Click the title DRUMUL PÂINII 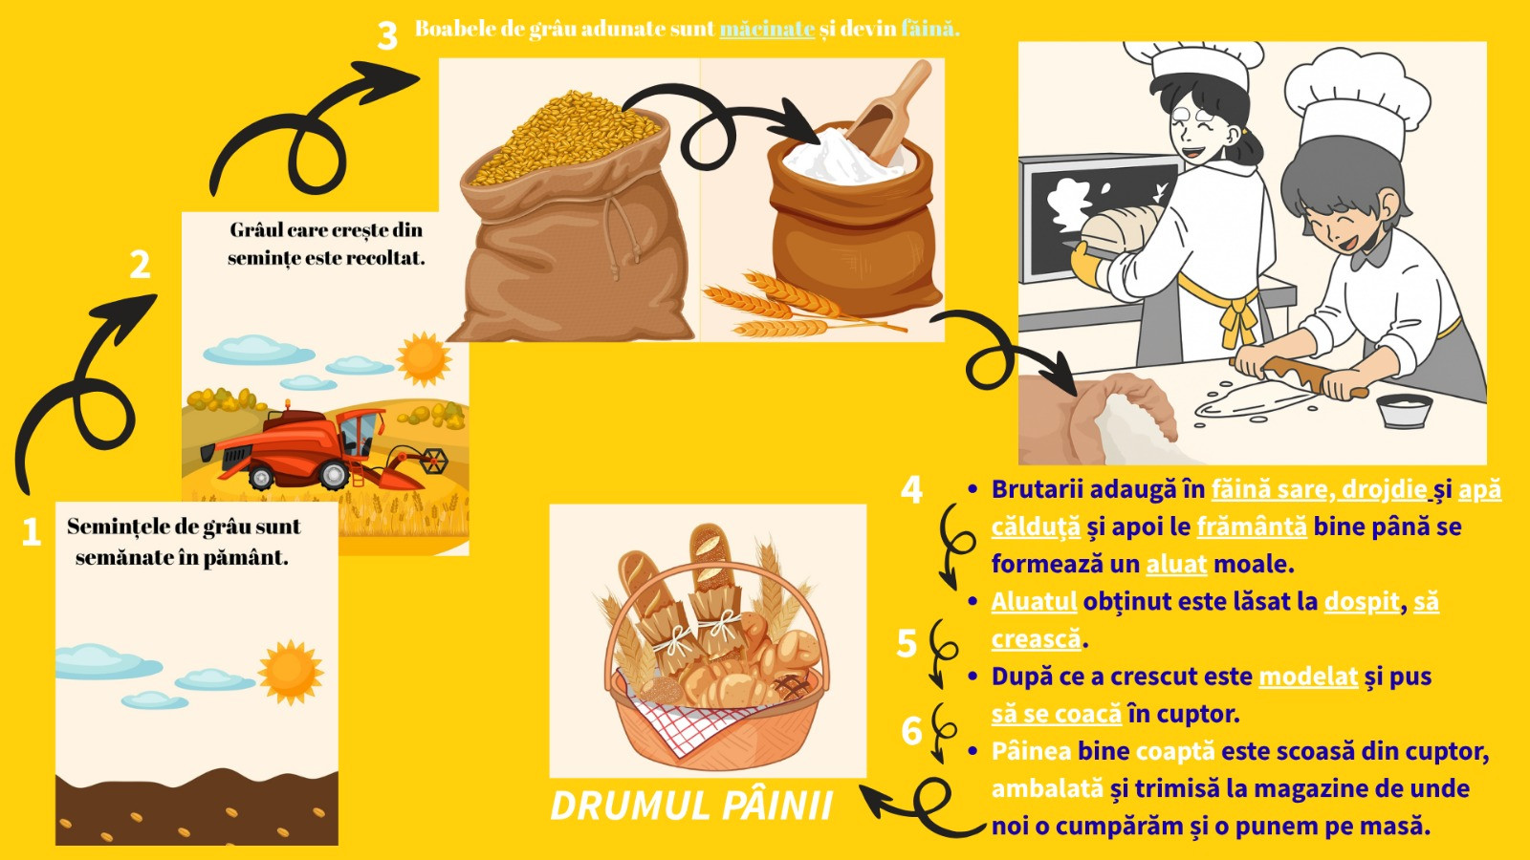pyautogui.click(x=691, y=806)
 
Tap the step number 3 pyautogui.click(x=387, y=35)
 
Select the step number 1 pyautogui.click(x=32, y=532)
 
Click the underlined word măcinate pyautogui.click(x=767, y=29)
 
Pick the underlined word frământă pyautogui.click(x=1252, y=527)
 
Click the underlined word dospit pyautogui.click(x=1362, y=602)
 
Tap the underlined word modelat pyautogui.click(x=1308, y=677)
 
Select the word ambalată pyautogui.click(x=1047, y=788)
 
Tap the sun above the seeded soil pyautogui.click(x=291, y=673)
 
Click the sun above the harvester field pyautogui.click(x=424, y=358)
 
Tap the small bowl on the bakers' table pyautogui.click(x=1405, y=411)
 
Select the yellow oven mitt pyautogui.click(x=1087, y=264)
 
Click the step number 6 pyautogui.click(x=912, y=731)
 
